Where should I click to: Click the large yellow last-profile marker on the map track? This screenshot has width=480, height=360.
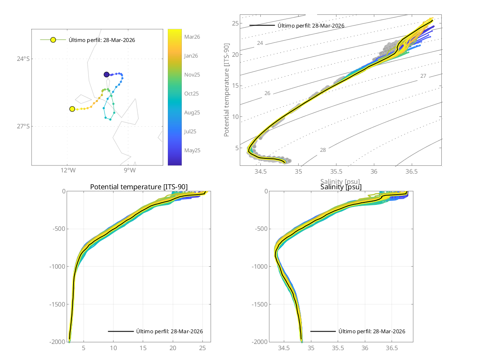(72, 109)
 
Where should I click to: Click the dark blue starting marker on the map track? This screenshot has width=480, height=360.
(107, 74)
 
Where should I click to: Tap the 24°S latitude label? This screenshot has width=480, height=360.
(23, 59)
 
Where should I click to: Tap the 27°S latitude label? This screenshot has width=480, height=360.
(23, 126)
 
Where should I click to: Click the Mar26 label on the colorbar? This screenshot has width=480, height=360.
(192, 37)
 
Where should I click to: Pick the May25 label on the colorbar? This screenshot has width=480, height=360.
(192, 150)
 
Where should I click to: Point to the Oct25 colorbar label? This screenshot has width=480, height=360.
(192, 93)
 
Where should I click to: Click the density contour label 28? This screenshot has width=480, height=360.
(323, 150)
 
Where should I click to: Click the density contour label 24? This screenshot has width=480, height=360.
(260, 43)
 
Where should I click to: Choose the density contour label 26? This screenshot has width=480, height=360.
(267, 93)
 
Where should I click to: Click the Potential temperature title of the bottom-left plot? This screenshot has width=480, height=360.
(139, 187)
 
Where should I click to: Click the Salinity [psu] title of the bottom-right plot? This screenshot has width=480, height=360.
(341, 187)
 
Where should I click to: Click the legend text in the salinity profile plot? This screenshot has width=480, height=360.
(372, 331)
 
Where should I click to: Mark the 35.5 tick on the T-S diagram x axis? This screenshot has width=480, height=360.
(336, 171)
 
